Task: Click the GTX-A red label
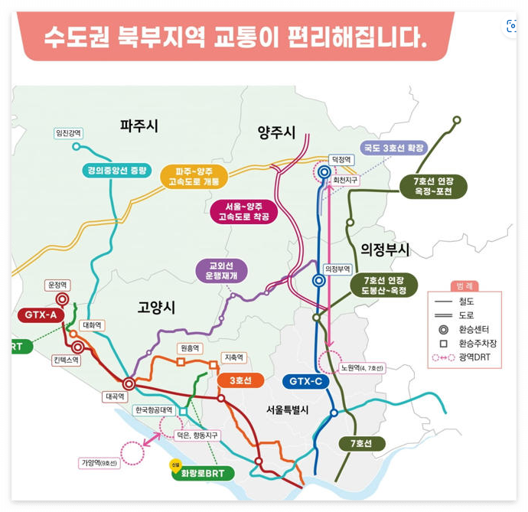41,315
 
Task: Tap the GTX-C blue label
306,380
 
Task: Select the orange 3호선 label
240,380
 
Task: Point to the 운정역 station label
58,285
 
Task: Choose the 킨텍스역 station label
66,360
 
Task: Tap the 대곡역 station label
114,396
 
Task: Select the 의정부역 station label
337,269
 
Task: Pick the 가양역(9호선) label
99,463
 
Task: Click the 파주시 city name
139,126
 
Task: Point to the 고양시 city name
156,307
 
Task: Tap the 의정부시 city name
385,249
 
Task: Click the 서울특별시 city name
287,409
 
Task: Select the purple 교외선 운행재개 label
222,270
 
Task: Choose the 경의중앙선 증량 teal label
117,170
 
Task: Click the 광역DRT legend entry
467,357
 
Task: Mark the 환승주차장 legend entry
467,343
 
